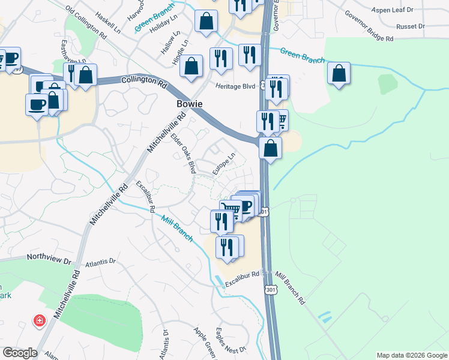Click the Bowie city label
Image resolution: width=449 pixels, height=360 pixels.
tap(189, 104)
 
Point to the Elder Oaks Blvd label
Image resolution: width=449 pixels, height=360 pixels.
tap(183, 153)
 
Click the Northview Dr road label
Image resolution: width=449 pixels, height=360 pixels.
tap(49, 258)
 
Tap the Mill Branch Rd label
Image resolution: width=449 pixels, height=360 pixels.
tap(290, 287)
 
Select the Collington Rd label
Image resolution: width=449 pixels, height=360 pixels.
tap(143, 80)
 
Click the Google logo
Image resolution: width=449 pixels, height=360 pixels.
tap(19, 353)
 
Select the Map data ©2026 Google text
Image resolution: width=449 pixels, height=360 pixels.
tap(411, 355)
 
